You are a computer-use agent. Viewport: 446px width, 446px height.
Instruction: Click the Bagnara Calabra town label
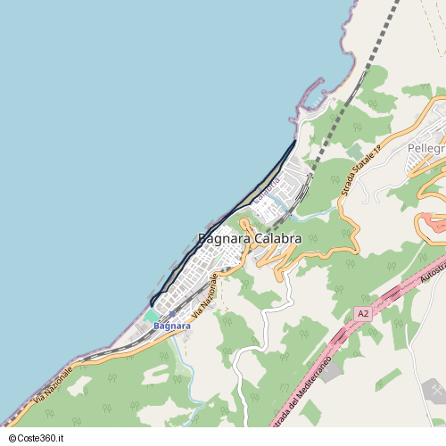(249, 239)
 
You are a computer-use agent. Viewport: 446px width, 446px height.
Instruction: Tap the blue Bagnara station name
(172, 326)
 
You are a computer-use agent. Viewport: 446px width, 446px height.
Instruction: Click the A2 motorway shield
(363, 313)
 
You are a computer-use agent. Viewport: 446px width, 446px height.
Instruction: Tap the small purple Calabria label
(267, 188)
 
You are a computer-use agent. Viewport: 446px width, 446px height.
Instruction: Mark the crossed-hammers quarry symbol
(434, 389)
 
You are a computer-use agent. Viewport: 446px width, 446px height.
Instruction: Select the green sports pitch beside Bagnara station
(152, 317)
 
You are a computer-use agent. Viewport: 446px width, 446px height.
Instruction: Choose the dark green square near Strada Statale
(354, 152)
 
